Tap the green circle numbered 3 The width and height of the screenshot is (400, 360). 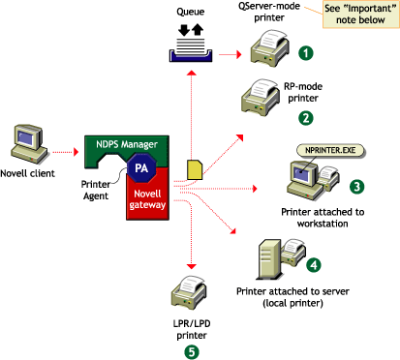click(x=356, y=186)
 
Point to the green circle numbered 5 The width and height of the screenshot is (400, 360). click(x=192, y=351)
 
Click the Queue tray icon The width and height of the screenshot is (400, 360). click(x=194, y=45)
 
